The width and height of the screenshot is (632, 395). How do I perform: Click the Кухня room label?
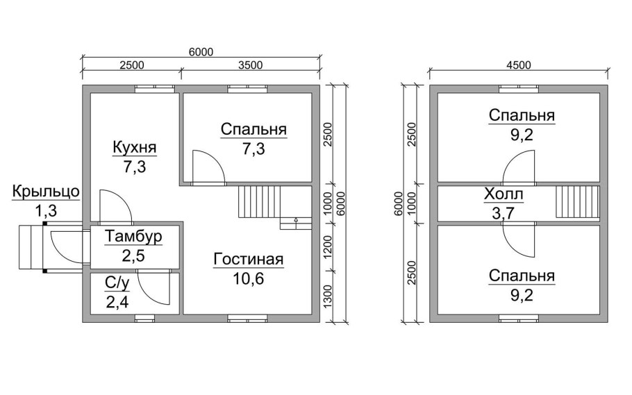[134, 147]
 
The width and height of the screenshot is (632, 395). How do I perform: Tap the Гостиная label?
[249, 259]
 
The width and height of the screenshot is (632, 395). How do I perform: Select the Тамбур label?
[133, 237]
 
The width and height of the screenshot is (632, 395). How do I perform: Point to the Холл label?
[504, 194]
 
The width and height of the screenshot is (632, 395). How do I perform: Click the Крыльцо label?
[46, 192]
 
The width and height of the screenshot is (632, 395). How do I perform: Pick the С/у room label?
[117, 283]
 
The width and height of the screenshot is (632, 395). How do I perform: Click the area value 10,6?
[249, 278]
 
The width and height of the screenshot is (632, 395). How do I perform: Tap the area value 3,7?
[503, 213]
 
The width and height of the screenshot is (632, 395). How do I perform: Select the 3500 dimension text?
[250, 65]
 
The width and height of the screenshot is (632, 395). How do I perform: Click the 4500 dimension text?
[518, 65]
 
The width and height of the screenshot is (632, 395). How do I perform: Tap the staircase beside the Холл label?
[577, 201]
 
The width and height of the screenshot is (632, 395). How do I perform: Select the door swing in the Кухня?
[115, 206]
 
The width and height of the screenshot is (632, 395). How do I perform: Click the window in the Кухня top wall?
[155, 89]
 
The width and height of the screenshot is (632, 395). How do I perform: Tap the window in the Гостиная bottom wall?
[247, 318]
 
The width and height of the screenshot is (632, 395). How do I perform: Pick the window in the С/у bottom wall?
[144, 318]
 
